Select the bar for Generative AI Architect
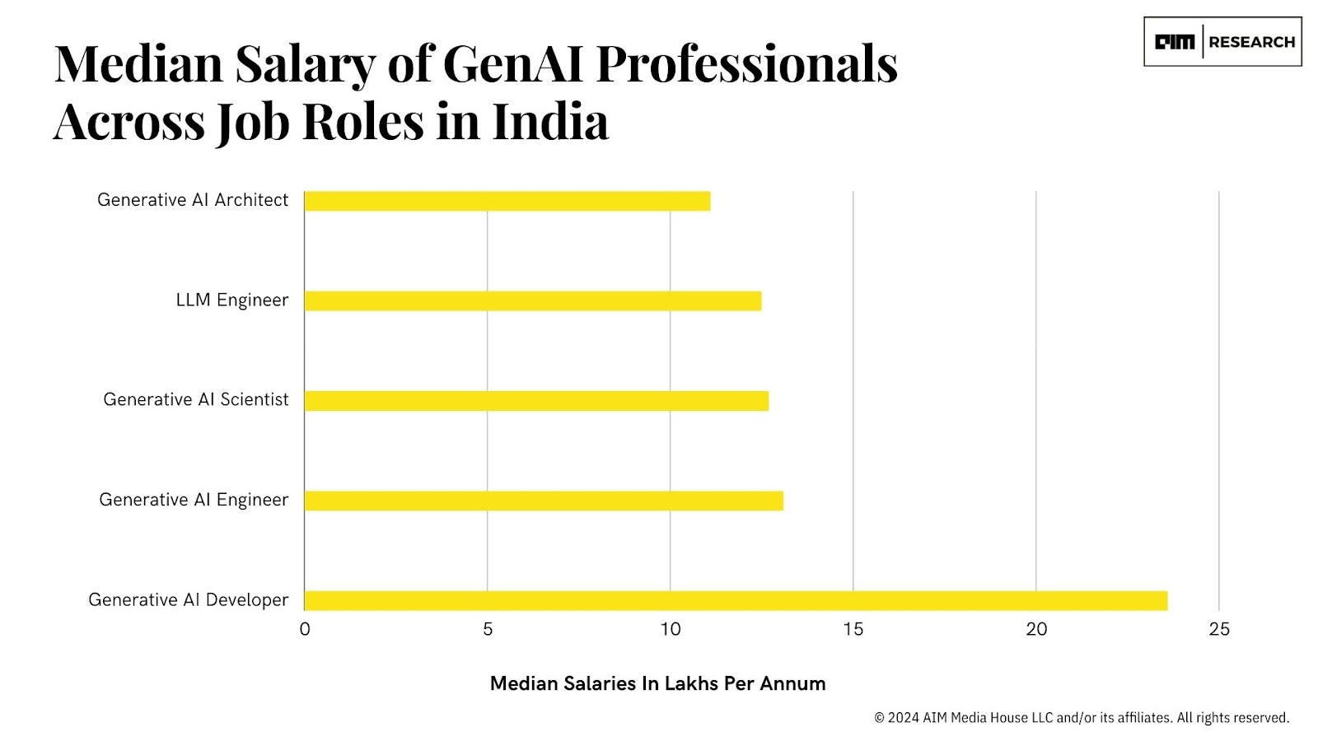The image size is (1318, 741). [507, 201]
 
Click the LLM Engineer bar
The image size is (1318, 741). [532, 301]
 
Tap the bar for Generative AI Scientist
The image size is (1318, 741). [535, 401]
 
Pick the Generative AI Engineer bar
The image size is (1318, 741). [544, 501]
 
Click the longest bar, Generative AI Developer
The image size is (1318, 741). [735, 600]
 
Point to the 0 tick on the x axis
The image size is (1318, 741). [305, 630]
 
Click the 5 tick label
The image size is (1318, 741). [488, 630]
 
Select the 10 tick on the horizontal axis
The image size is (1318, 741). [671, 630]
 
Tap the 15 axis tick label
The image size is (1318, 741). [853, 630]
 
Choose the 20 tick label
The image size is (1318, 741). [1036, 630]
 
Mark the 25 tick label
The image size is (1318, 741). [1219, 630]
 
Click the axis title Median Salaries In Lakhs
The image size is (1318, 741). [657, 683]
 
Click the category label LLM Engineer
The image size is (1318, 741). [232, 301]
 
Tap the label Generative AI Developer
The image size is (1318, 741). [189, 600]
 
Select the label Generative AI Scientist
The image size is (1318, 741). [196, 400]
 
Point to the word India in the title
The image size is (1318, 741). [550, 122]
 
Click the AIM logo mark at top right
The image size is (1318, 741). [1174, 42]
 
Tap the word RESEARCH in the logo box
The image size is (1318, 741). [1251, 42]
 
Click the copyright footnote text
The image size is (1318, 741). [1082, 718]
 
